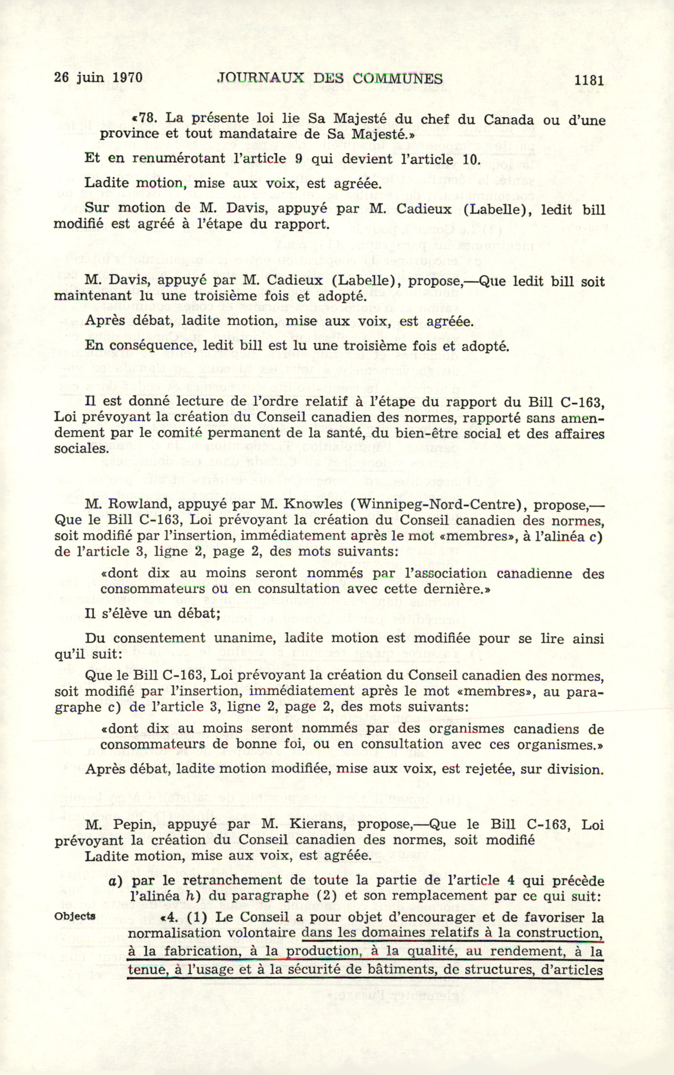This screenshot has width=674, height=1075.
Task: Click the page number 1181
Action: pyautogui.click(x=589, y=80)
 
